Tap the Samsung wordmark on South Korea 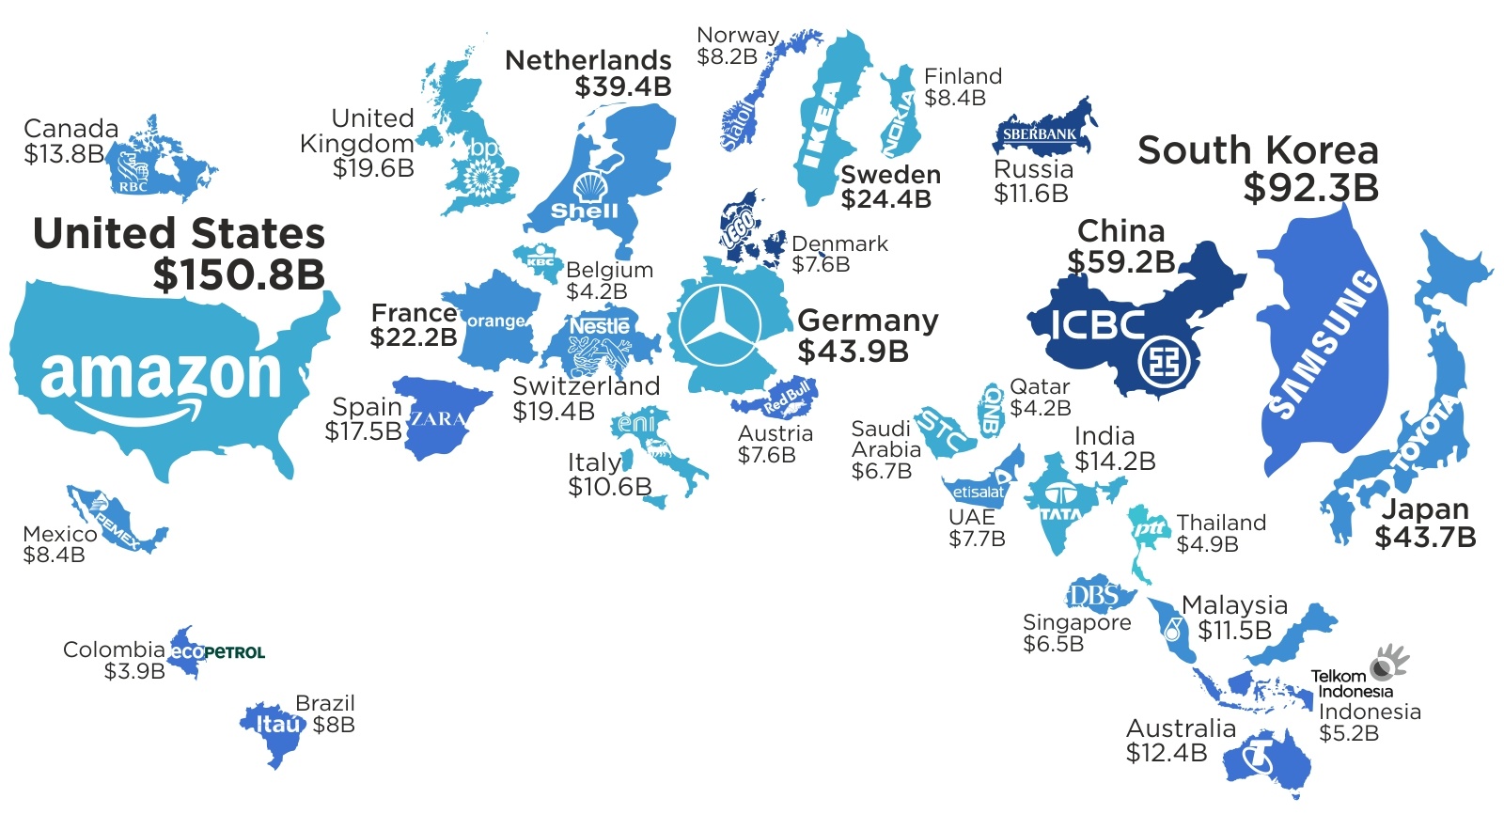(x=1323, y=343)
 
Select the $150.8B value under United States (x=239, y=274)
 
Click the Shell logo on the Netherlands (x=587, y=196)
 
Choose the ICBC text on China (x=1097, y=325)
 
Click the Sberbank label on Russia (x=1040, y=134)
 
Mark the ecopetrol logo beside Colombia (x=218, y=651)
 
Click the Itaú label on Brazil (x=279, y=724)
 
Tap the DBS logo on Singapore (x=1094, y=595)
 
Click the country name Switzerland (x=586, y=386)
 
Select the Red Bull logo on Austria (x=787, y=399)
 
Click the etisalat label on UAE (x=979, y=492)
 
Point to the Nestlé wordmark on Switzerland (x=600, y=326)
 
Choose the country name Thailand (x=1221, y=523)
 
